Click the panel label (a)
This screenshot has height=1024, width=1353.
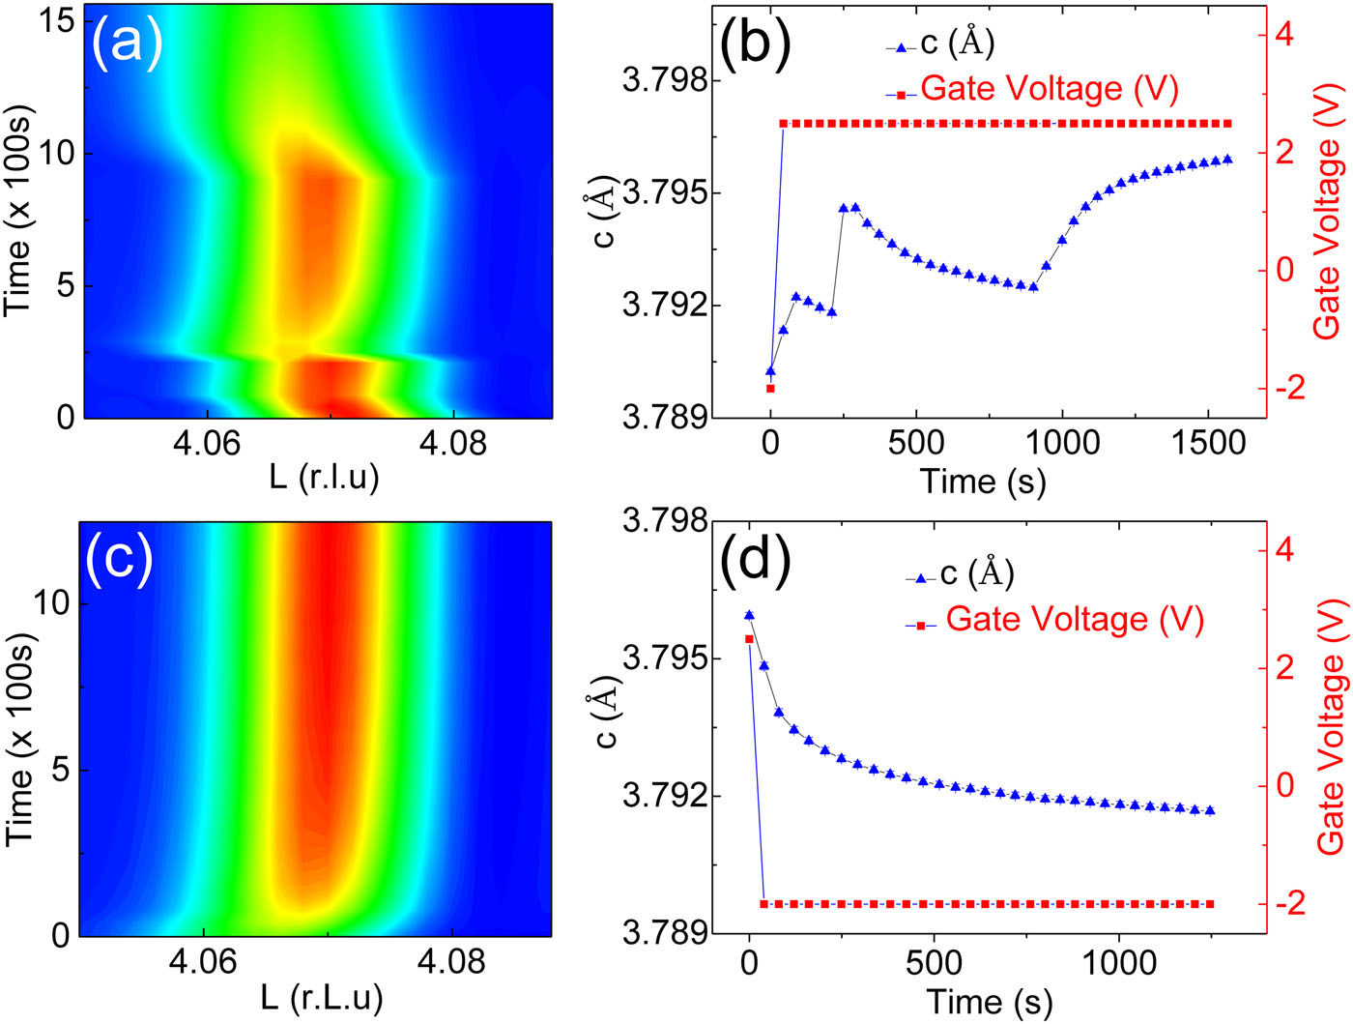(127, 44)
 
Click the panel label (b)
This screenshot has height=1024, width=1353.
(755, 44)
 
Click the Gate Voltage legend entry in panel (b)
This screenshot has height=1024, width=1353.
(1049, 89)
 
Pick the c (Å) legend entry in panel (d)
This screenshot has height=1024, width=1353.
(976, 574)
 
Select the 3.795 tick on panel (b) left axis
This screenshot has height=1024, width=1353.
(665, 192)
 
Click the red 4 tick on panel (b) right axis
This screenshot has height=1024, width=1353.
(1284, 35)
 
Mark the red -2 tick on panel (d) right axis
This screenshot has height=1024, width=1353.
(1284, 903)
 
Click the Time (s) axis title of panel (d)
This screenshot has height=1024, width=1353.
(990, 1002)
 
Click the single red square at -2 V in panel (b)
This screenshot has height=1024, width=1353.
(770, 389)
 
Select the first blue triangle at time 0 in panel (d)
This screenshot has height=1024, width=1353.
(749, 615)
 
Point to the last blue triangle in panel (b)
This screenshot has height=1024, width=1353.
(1227, 159)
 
